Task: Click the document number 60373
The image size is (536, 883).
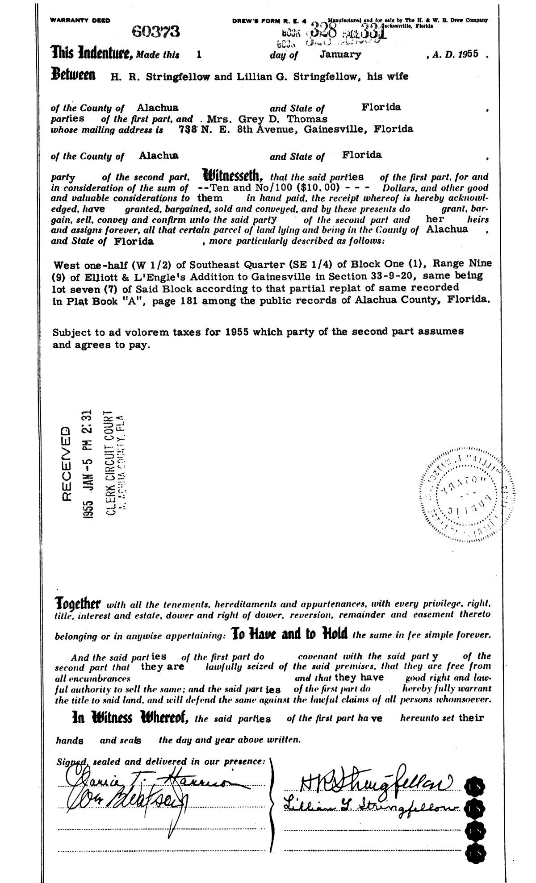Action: coord(155,31)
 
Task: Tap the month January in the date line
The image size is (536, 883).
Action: coord(340,54)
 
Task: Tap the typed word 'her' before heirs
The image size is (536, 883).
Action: coord(435,219)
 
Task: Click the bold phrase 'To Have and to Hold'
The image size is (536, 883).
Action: coord(288,634)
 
